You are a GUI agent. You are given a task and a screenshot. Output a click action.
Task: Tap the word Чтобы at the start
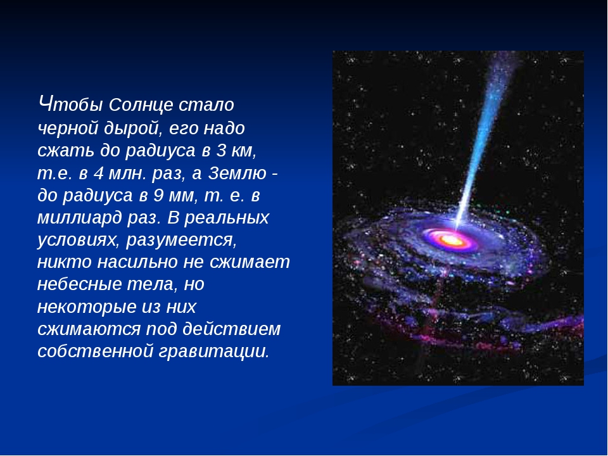click(x=71, y=104)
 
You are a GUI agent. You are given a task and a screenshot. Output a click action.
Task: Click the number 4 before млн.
click(x=99, y=173)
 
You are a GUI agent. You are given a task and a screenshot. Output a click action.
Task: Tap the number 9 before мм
click(x=158, y=196)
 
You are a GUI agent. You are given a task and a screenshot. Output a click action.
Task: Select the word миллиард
click(x=80, y=218)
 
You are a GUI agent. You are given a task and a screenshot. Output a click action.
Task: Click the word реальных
click(x=227, y=218)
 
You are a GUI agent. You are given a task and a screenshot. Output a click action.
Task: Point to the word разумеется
click(x=182, y=241)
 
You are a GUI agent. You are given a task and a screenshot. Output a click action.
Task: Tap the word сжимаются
click(x=89, y=329)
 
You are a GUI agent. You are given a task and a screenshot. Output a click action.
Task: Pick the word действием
click(x=232, y=329)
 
